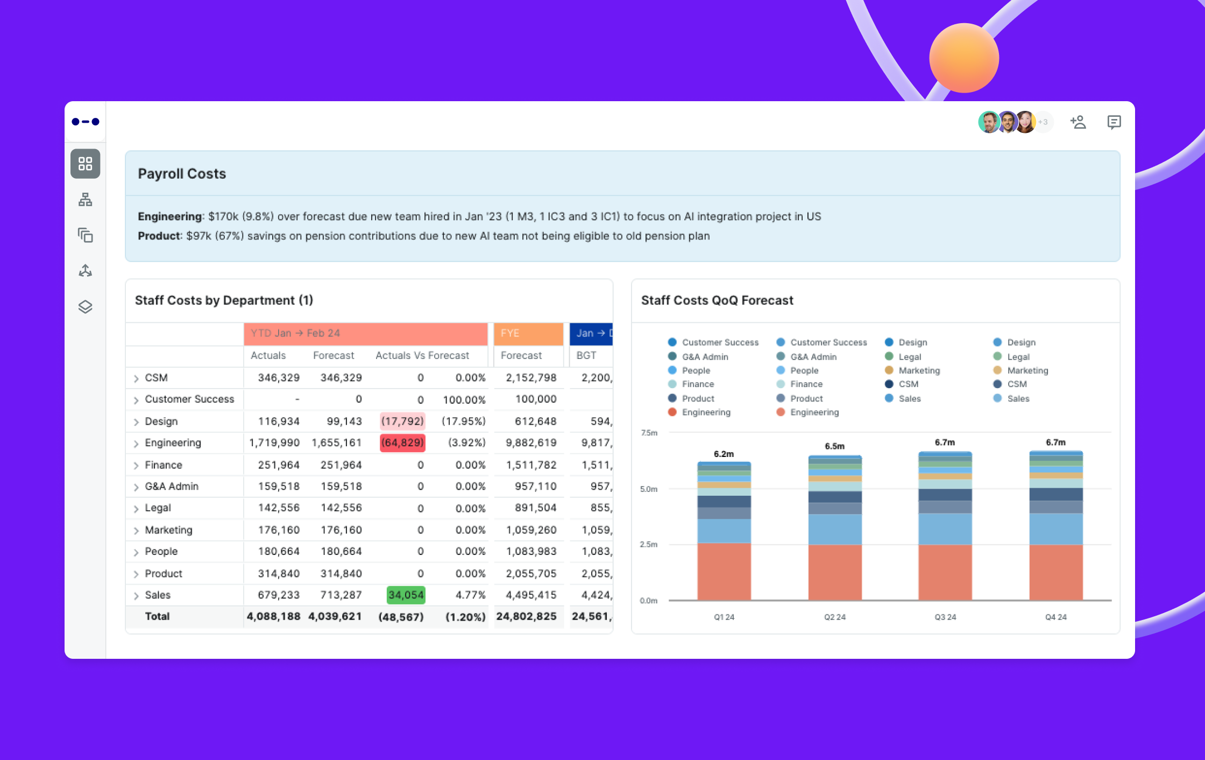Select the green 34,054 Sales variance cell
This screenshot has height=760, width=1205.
coord(406,595)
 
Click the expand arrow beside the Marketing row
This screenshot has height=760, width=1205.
coord(136,531)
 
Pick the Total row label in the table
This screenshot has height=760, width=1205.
coord(157,616)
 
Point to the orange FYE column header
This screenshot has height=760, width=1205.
coord(528,333)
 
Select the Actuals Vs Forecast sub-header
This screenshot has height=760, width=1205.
coord(422,355)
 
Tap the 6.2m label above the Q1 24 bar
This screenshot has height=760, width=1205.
coord(724,454)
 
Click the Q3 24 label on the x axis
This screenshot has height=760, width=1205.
coord(945,617)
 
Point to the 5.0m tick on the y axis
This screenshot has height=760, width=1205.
coord(649,489)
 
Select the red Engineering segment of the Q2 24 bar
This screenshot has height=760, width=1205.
coord(834,572)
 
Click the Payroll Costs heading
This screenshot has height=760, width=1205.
coord(182,174)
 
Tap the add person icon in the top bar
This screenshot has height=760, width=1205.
coord(1078,122)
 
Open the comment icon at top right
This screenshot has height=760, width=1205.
coord(1114,122)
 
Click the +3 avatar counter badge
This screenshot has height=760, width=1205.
coord(1043,122)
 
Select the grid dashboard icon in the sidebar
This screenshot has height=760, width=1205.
coord(85,164)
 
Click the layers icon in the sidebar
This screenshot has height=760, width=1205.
coord(85,307)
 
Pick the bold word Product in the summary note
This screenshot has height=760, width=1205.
coord(159,236)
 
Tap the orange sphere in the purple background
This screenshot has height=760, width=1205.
coord(963,58)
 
